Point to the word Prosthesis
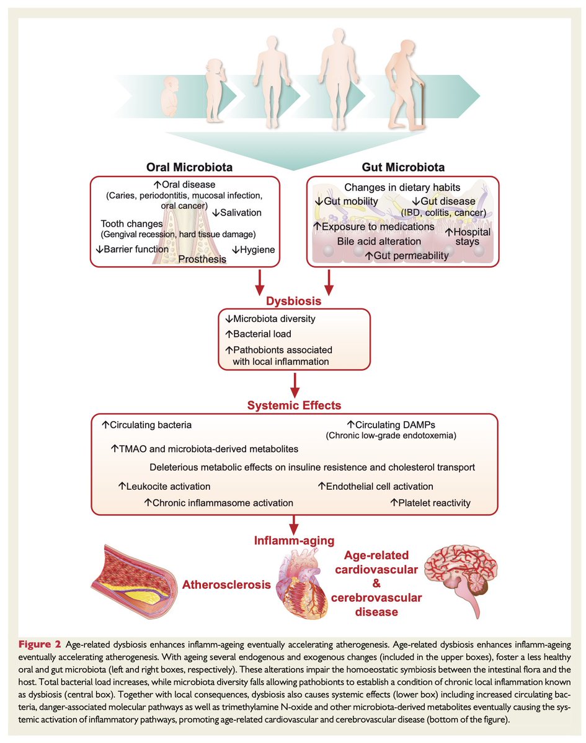click(203, 259)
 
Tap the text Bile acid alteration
click(379, 241)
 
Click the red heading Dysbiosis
click(293, 302)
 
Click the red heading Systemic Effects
click(293, 406)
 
